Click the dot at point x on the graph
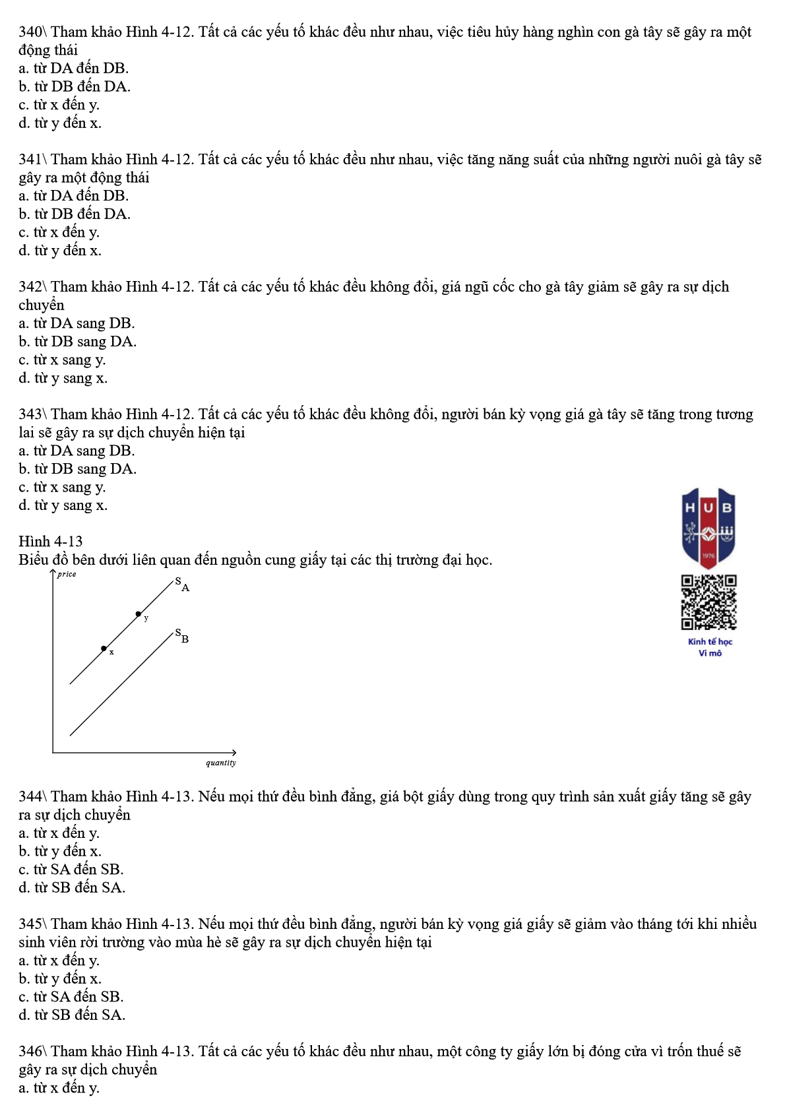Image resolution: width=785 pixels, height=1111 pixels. pos(104,649)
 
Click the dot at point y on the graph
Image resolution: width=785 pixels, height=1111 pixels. pos(138,614)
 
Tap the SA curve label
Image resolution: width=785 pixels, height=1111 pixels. pos(182,584)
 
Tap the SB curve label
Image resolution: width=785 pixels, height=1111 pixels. pos(182,636)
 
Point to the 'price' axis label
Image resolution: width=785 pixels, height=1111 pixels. pos(67,574)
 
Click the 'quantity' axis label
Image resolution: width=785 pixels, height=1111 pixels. pos(220,763)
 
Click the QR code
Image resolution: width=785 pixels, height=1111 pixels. pos(708,602)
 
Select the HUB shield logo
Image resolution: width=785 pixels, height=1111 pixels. pos(708,526)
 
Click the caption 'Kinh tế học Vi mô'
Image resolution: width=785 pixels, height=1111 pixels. pos(710,647)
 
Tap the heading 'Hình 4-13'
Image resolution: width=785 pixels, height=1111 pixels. pos(51,542)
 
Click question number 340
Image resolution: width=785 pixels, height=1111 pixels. pos(31,32)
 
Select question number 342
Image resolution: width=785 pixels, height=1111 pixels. pos(31,287)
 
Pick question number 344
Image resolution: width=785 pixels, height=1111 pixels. pos(31,797)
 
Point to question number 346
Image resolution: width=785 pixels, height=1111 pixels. pos(31,1052)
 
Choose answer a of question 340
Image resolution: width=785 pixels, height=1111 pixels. pos(73,69)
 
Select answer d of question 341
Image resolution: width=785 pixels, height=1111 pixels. pos(60,251)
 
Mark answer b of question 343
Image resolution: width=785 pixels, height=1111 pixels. pos(77,469)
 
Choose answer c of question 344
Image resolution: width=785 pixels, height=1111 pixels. pos(71,870)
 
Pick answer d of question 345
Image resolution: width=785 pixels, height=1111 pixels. pos(72,1015)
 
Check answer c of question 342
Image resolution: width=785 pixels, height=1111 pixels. pos(62,360)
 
